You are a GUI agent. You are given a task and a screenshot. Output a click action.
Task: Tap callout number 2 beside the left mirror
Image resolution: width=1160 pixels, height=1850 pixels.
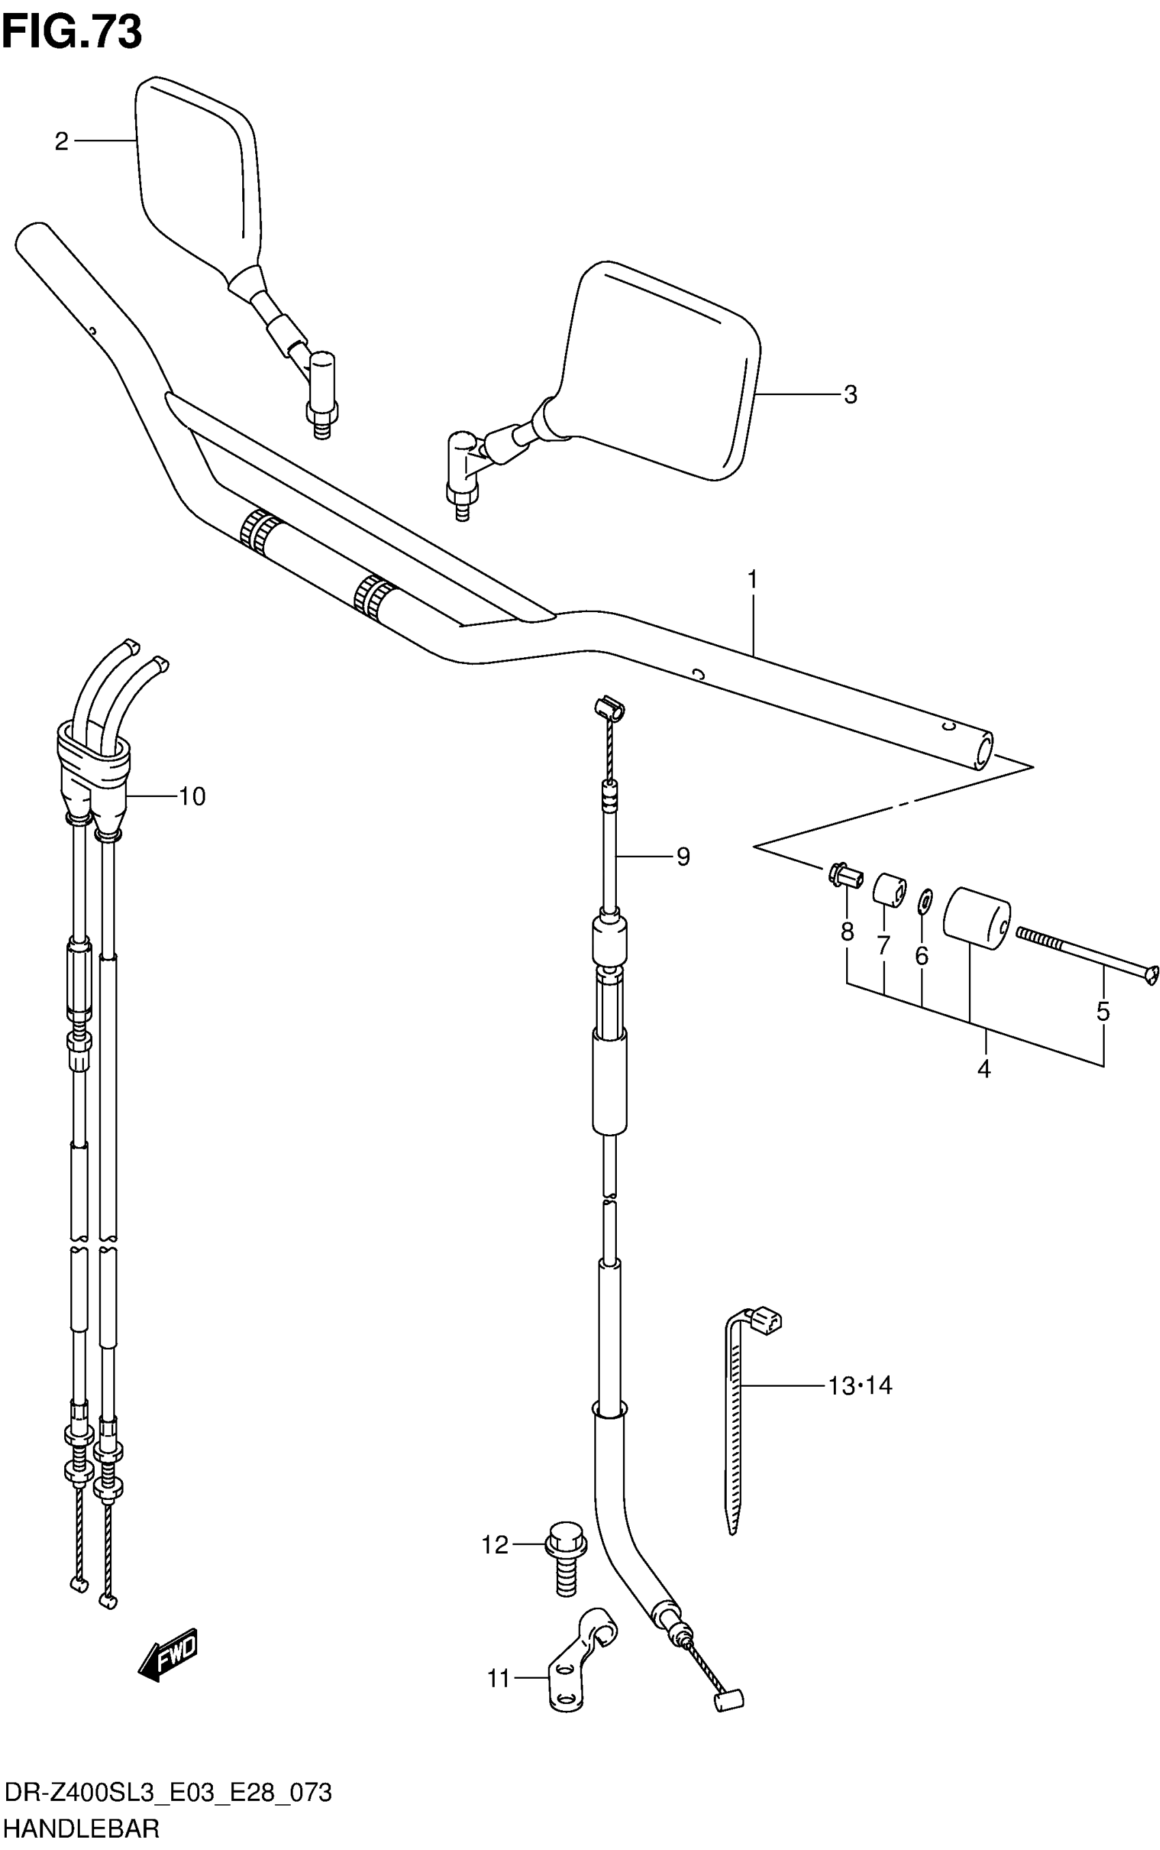pos(61,141)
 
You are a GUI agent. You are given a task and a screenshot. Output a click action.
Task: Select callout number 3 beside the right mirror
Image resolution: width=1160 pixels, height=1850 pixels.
pos(850,394)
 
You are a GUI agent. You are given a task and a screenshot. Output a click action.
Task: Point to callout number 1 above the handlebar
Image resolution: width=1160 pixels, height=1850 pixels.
pos(753,579)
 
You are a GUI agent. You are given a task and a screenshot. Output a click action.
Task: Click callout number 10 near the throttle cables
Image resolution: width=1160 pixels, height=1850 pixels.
pos(192,796)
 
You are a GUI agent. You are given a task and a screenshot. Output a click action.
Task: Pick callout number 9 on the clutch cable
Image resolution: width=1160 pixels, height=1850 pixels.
pos(683,856)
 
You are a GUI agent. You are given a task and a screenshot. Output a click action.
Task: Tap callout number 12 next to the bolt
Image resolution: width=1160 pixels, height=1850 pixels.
pos(495,1544)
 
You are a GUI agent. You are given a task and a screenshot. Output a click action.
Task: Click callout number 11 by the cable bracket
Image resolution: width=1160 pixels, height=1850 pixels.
pos(499,1679)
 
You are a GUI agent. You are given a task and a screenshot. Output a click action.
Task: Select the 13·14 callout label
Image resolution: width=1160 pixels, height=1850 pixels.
pos(860,1386)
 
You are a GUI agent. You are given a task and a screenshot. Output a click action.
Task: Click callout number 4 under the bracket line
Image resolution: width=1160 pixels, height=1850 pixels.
pos(985,1068)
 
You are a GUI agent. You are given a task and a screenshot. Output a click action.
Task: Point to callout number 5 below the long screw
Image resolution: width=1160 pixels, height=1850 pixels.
pos(1103,1011)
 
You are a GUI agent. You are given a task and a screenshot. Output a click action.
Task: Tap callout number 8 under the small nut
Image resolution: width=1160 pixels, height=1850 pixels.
pos(847,931)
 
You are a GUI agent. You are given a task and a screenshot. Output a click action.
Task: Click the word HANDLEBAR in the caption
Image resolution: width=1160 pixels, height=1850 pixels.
pos(81,1827)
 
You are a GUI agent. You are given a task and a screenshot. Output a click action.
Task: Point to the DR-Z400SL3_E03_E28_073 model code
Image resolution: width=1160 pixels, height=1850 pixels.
pos(168,1793)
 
